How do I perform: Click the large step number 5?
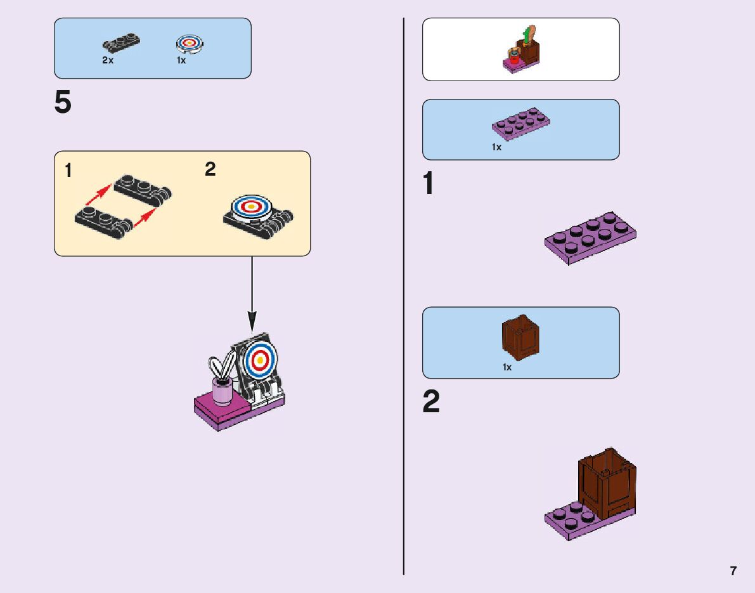tap(63, 103)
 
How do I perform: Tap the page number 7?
tap(733, 571)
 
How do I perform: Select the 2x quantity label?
tap(108, 61)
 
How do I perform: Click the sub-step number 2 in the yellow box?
tap(210, 170)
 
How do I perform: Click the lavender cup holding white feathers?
tap(222, 391)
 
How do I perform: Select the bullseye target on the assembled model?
tap(259, 360)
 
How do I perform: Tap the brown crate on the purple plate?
tap(607, 481)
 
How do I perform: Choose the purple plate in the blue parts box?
tap(520, 124)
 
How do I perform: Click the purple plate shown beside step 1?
tap(590, 237)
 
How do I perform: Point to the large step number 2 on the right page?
tap(431, 402)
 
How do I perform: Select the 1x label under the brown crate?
tap(507, 367)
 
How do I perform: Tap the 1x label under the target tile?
tap(181, 61)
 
